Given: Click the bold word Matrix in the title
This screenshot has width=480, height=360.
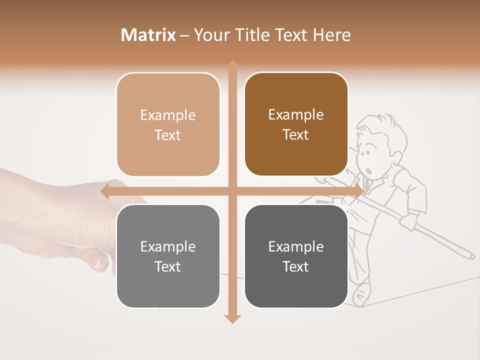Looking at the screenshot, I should [x=148, y=35].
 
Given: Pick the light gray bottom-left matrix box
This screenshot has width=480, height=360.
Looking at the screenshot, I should [x=168, y=290].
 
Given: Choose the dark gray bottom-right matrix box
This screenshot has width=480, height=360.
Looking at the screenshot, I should [x=296, y=290].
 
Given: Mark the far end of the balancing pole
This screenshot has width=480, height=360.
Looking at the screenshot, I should [x=471, y=256].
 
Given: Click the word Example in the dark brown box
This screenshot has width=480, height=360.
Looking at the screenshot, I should [x=296, y=115].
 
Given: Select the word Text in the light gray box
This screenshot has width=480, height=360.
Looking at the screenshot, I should [x=168, y=266].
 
